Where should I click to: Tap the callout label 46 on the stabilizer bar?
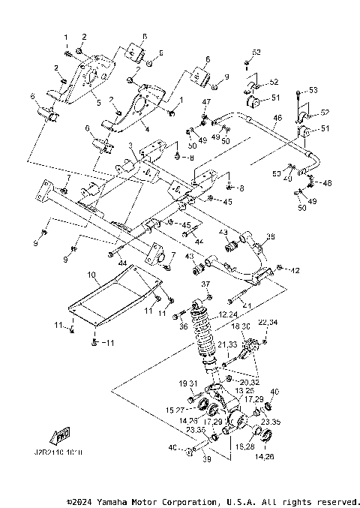click(x=277, y=118)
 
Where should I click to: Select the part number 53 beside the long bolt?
click(x=313, y=90)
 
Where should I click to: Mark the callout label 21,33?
click(x=228, y=344)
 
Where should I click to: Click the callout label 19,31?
click(x=187, y=383)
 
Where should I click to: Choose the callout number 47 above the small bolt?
click(x=206, y=102)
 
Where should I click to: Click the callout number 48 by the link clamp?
click(x=327, y=183)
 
